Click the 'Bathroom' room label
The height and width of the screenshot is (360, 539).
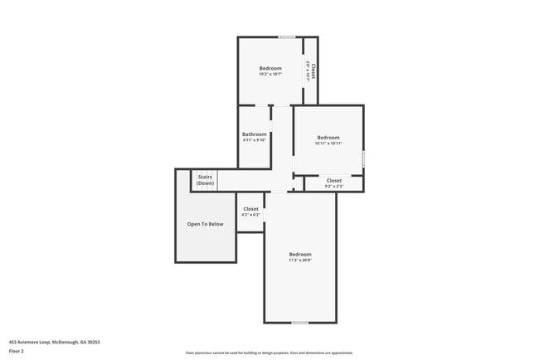tap(255, 134)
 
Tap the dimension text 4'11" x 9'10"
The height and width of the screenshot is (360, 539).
tap(255, 140)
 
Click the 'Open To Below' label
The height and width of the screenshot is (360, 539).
tap(205, 224)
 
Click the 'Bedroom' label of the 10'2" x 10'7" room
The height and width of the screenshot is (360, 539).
tap(270, 68)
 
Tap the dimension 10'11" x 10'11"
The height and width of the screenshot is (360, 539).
tap(328, 144)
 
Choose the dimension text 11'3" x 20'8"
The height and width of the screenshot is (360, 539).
tap(300, 260)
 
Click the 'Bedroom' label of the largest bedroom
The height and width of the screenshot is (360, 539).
tap(300, 254)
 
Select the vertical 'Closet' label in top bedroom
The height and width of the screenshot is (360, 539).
tap(313, 71)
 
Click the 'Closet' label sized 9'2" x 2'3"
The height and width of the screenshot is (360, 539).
tap(334, 180)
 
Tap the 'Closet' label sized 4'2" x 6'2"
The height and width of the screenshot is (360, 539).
tap(250, 209)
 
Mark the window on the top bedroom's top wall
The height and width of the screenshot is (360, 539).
tap(287, 36)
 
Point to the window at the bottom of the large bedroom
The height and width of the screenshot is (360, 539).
tap(300, 322)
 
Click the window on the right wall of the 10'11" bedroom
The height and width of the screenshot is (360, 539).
tap(363, 158)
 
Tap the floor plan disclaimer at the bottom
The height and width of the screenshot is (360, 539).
tap(269, 353)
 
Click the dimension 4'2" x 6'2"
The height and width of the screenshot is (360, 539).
tap(250, 215)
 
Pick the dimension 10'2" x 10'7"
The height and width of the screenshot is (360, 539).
tap(270, 75)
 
